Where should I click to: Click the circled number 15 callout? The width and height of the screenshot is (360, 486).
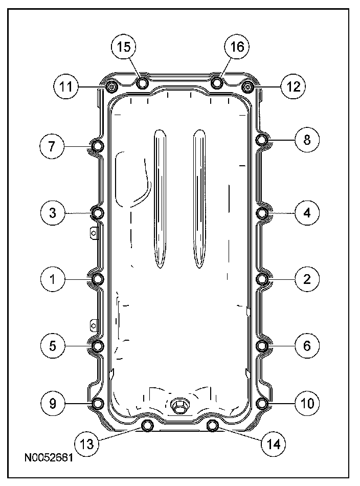124,47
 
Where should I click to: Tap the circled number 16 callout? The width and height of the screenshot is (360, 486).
237,47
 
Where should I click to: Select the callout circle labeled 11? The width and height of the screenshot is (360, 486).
65,86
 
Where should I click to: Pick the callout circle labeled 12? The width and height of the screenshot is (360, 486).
293,86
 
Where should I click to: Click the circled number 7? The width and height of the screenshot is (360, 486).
52,146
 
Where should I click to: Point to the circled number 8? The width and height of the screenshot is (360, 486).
307,140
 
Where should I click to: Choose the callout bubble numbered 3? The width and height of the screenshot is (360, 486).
53,213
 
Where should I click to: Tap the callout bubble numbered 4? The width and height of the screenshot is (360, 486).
307,213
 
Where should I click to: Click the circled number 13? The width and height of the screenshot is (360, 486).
87,444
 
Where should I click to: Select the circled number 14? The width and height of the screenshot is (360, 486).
274,444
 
